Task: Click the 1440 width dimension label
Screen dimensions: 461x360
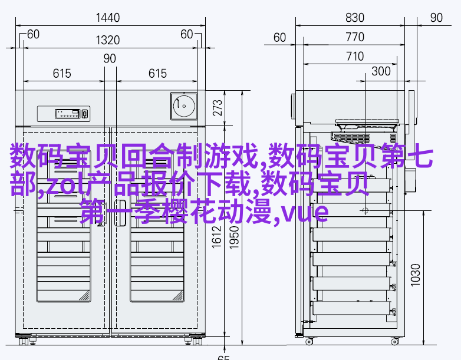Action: tap(108, 18)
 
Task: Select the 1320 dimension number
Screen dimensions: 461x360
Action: tap(108, 40)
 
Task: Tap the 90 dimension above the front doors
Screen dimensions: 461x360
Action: tap(110, 58)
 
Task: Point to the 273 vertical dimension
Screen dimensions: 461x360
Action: tap(218, 108)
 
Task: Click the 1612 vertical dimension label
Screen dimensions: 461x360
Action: tap(217, 237)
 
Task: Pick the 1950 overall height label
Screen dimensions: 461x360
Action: tap(234, 237)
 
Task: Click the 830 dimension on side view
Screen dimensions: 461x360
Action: tap(355, 18)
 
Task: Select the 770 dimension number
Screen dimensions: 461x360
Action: tap(355, 37)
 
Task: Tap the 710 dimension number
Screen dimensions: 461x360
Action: tap(355, 57)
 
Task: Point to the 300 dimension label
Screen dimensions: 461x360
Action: tap(381, 71)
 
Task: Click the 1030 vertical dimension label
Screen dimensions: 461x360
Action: tap(416, 275)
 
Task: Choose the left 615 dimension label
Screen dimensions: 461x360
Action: tap(62, 74)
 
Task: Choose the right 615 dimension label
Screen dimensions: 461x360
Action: tap(157, 74)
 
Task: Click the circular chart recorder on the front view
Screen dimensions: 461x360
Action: tap(184, 106)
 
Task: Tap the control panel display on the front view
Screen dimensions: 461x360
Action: tap(68, 114)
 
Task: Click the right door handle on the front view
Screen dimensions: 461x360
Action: tap(120, 213)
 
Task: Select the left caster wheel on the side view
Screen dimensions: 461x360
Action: tap(309, 342)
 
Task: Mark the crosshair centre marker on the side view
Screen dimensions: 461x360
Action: tap(365, 210)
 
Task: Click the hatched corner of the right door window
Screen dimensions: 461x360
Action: tap(178, 296)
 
